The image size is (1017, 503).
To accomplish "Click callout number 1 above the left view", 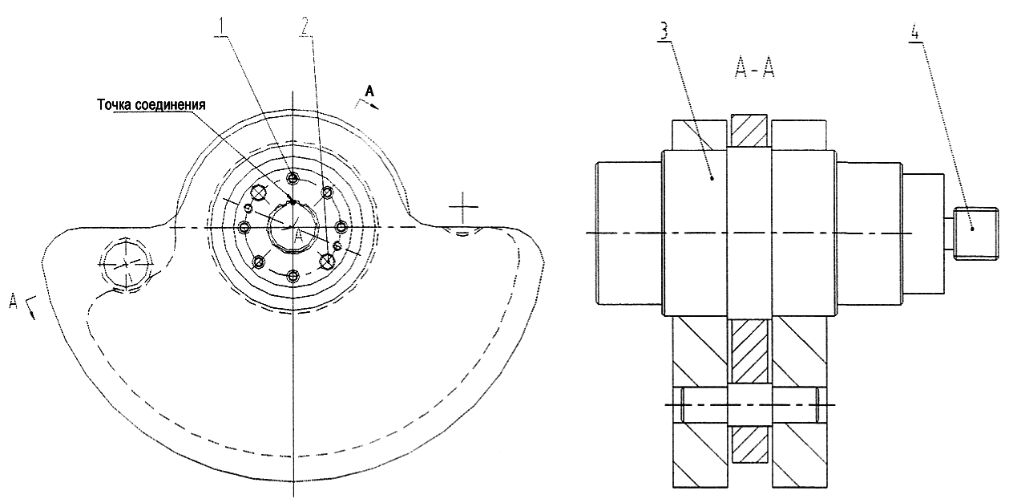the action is click(x=222, y=28).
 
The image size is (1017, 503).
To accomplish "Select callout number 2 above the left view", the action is click(x=305, y=28).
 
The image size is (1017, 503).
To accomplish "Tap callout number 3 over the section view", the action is click(x=664, y=32).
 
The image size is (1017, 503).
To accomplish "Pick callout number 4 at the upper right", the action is click(x=915, y=32).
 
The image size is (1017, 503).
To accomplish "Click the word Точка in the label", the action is click(x=114, y=105).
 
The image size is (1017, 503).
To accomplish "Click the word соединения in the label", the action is click(x=170, y=105).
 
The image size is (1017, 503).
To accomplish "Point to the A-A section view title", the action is click(x=755, y=70).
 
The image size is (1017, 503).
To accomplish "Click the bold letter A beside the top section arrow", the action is click(x=370, y=91).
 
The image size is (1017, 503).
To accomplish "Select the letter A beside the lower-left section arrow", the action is click(x=14, y=301).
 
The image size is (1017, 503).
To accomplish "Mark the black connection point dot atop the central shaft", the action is click(x=293, y=202).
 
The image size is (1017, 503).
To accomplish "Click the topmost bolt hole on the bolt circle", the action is click(x=294, y=177).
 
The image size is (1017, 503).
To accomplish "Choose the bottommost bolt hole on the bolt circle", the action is click(x=294, y=276).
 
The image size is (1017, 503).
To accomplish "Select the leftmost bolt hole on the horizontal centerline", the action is click(x=244, y=227).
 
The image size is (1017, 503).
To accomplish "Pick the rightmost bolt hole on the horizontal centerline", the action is click(x=342, y=226).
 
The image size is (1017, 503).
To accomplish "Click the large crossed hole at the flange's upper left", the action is click(x=260, y=193).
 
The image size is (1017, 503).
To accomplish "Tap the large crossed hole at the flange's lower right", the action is click(x=327, y=261).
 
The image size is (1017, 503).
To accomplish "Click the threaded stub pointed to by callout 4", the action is click(x=975, y=233).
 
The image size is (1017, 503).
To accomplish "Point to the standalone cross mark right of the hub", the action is click(x=462, y=207).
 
